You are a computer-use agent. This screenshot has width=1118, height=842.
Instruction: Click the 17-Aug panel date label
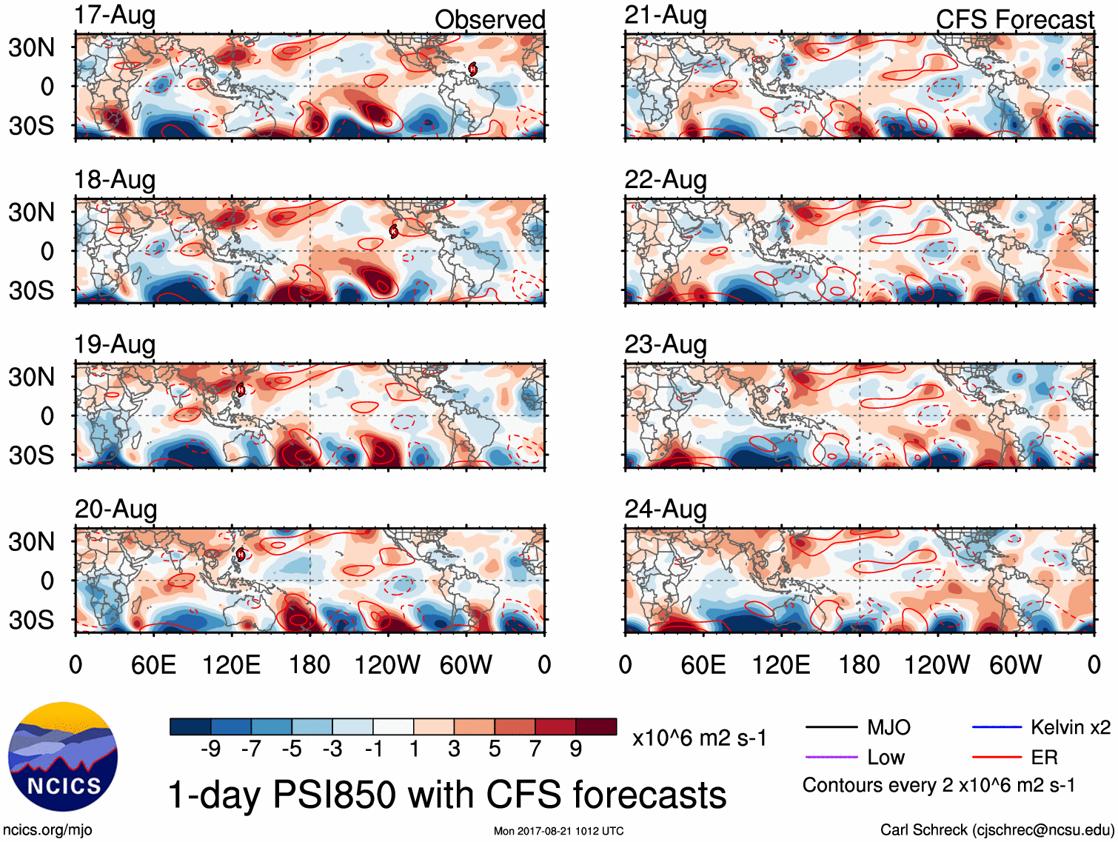(x=115, y=16)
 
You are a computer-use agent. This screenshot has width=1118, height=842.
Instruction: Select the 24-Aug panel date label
(x=666, y=509)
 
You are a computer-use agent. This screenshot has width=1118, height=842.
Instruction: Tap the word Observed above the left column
(x=489, y=20)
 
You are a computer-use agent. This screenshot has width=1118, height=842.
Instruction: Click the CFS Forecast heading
(x=1014, y=20)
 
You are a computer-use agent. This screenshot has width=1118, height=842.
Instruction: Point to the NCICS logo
(x=63, y=756)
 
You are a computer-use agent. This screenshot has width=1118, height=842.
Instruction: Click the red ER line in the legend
(x=996, y=758)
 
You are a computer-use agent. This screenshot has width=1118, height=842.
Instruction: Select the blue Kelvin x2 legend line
(x=996, y=727)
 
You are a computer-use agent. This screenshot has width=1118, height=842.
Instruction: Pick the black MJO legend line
(x=831, y=727)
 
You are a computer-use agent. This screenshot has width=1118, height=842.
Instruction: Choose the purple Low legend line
(x=831, y=758)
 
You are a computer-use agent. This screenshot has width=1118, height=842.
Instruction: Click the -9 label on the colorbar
(x=210, y=749)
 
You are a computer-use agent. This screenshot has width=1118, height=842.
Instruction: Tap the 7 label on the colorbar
(x=535, y=749)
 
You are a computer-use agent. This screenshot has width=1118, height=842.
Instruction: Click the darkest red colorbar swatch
(x=596, y=726)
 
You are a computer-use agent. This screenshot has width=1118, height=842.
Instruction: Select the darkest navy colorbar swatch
(x=190, y=726)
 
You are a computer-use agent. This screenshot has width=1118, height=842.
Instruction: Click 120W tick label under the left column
(x=387, y=665)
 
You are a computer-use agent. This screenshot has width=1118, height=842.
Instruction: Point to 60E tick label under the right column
(x=703, y=665)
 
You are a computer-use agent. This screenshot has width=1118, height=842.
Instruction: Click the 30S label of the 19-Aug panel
(x=31, y=455)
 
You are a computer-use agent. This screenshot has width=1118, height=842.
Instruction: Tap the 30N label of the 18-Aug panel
(x=31, y=213)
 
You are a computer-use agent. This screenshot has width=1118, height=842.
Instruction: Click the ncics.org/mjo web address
(x=47, y=830)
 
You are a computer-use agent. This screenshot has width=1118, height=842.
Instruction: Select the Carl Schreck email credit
(x=997, y=830)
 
